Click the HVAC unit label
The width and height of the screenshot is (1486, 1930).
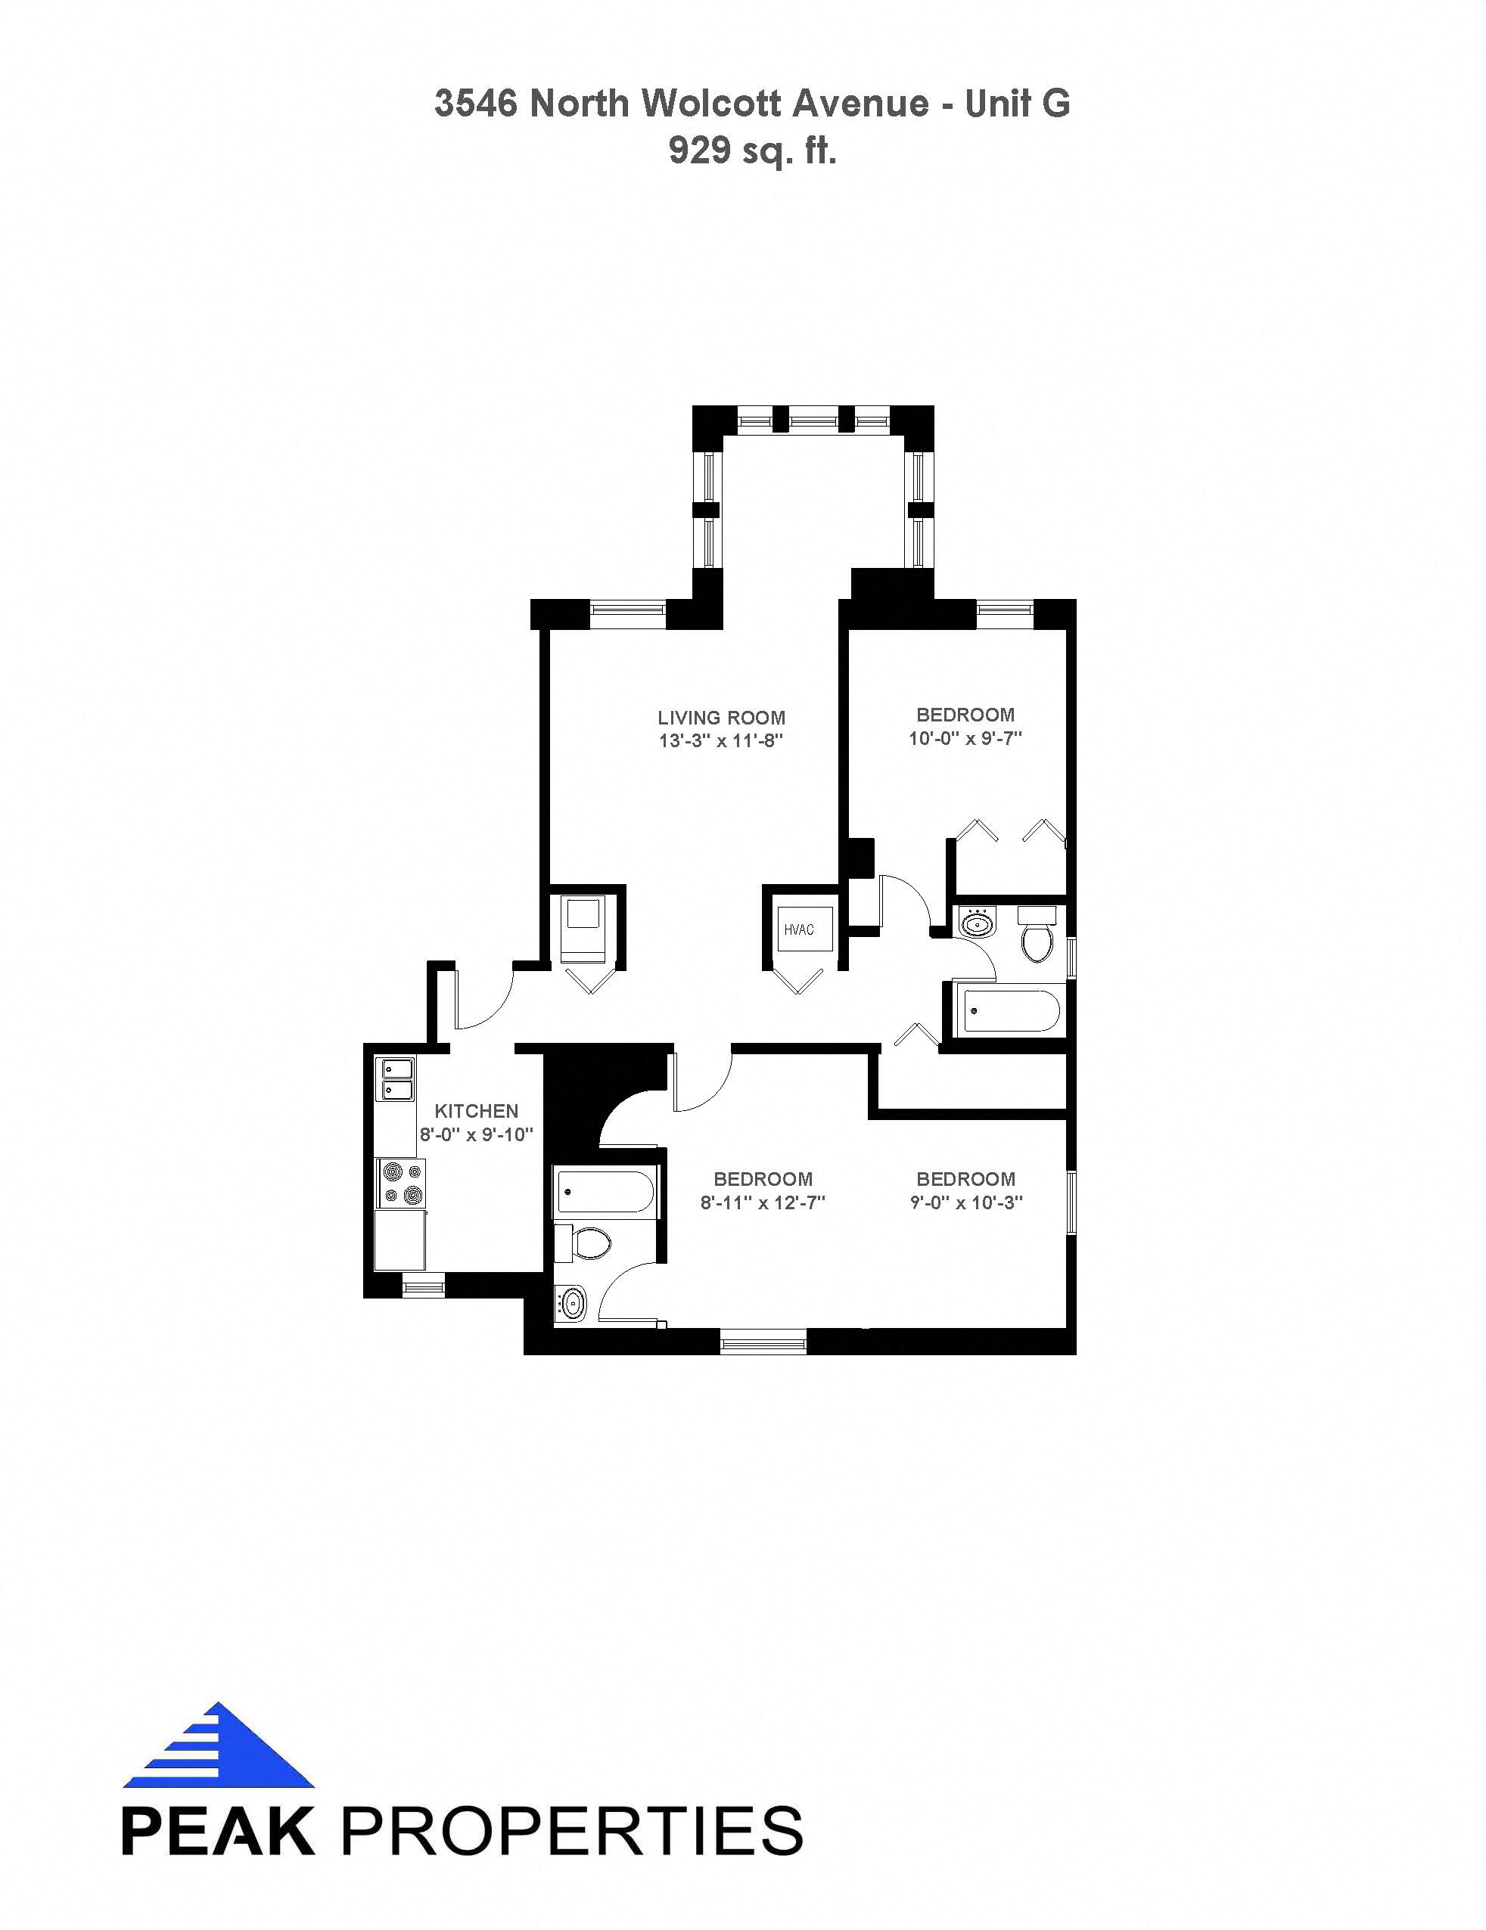(x=798, y=929)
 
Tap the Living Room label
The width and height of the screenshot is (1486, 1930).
(x=721, y=718)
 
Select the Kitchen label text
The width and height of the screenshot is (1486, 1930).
(x=477, y=1111)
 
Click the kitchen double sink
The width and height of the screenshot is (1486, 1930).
(x=398, y=1079)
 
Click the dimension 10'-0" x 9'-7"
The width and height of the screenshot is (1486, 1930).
(x=965, y=738)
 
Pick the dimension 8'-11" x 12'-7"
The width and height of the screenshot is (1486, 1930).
(x=763, y=1202)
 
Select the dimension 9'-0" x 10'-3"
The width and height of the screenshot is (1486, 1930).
(x=966, y=1202)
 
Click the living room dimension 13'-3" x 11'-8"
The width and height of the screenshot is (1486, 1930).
(x=721, y=740)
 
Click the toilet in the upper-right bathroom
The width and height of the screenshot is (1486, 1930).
(x=1036, y=934)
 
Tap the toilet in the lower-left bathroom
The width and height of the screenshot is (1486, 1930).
(x=583, y=1243)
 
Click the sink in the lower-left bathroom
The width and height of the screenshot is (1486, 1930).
(x=571, y=1302)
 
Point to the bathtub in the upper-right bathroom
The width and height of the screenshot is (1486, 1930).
(x=1009, y=1011)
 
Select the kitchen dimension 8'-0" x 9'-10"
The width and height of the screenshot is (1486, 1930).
(x=477, y=1134)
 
